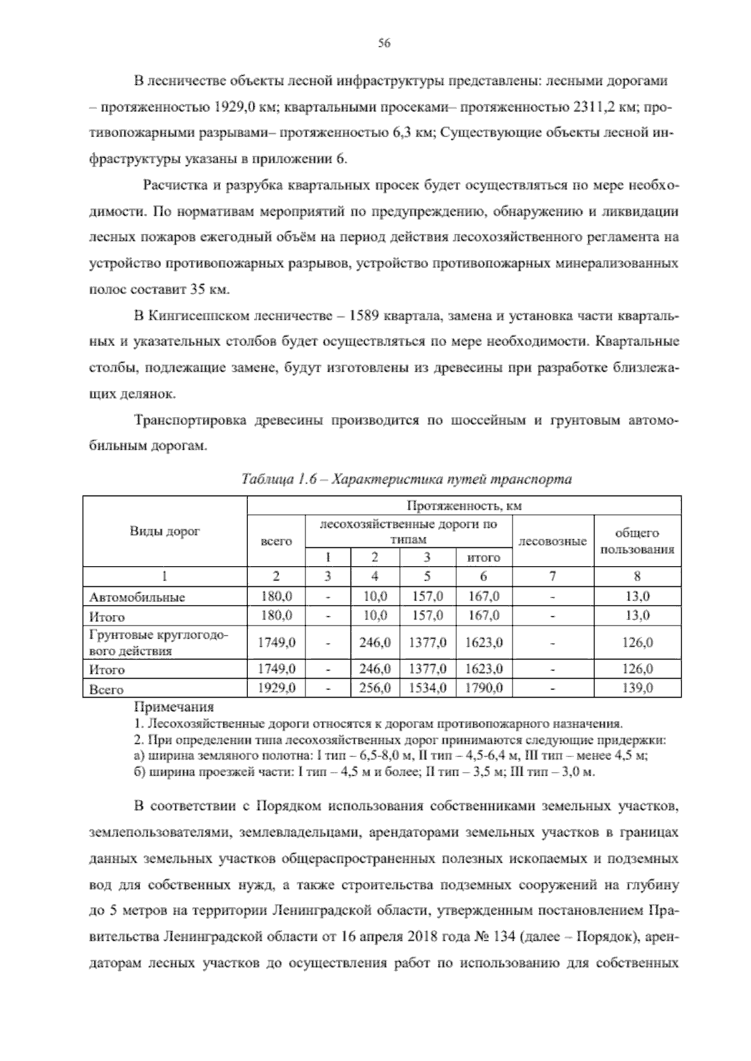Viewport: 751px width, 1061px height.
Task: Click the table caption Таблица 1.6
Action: (x=406, y=479)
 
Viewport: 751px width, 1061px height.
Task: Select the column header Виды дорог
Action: (x=165, y=531)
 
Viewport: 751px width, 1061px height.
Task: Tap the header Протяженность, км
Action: (x=464, y=505)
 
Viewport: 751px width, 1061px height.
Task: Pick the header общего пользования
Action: (x=637, y=541)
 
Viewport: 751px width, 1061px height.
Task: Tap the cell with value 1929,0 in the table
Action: (x=276, y=689)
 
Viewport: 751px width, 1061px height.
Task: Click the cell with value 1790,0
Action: (x=483, y=689)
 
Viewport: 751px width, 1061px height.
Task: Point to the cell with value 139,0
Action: (x=637, y=689)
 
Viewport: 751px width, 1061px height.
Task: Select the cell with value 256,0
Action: (x=374, y=689)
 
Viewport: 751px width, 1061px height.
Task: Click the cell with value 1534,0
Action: (x=427, y=689)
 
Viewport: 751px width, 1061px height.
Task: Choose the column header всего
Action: (x=276, y=541)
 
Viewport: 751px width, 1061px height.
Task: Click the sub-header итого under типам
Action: (x=483, y=557)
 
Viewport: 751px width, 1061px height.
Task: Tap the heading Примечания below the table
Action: (x=174, y=708)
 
